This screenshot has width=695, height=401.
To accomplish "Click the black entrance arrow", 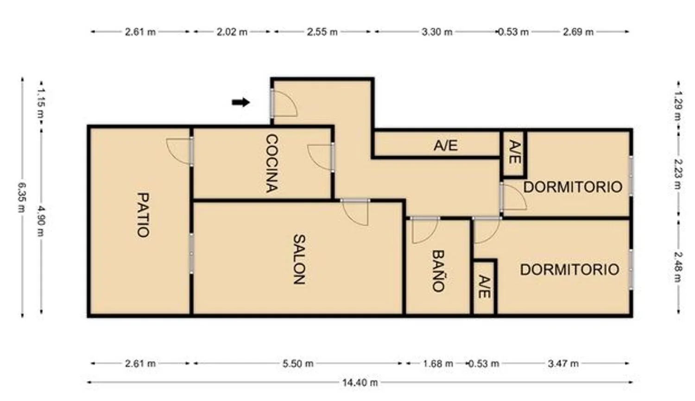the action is tap(241, 102).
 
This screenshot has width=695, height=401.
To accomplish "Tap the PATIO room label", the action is tap(143, 215).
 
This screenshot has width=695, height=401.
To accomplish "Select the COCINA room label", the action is tap(272, 163).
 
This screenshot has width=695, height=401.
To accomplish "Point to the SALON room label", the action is tap(299, 259).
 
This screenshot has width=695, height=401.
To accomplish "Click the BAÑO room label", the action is tap(438, 271).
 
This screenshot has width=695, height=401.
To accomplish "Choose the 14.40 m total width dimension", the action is tap(360, 382).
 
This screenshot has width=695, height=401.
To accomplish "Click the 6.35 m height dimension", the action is tap(21, 197).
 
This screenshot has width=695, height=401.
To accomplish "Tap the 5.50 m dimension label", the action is tap(298, 363).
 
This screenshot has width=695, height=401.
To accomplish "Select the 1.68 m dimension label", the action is tap(438, 363).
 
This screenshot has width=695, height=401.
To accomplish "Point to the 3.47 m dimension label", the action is tap(563, 363).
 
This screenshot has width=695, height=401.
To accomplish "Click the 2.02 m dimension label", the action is tap(232, 32).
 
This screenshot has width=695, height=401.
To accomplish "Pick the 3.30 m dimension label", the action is tap(437, 32).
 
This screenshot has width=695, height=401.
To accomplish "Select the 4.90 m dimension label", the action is tap(41, 221).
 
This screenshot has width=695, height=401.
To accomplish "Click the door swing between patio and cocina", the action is tap(179, 151).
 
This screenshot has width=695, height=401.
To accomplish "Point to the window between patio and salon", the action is tap(191, 253).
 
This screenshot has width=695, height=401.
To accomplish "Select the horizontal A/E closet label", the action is tap(446, 145).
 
